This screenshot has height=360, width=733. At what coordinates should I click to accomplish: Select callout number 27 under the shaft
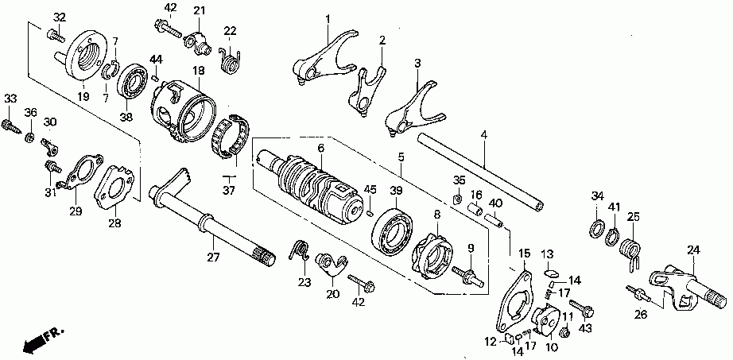point(212,257)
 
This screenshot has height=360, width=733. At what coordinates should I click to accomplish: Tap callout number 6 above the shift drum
point(321,148)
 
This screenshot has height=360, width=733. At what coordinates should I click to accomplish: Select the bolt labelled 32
point(55,34)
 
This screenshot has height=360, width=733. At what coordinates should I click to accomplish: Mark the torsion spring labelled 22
point(231,60)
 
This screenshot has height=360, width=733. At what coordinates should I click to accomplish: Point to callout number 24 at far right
point(693,250)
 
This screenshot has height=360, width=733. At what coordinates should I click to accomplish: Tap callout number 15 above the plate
point(523,254)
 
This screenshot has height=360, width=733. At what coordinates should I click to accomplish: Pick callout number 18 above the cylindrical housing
point(198,71)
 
